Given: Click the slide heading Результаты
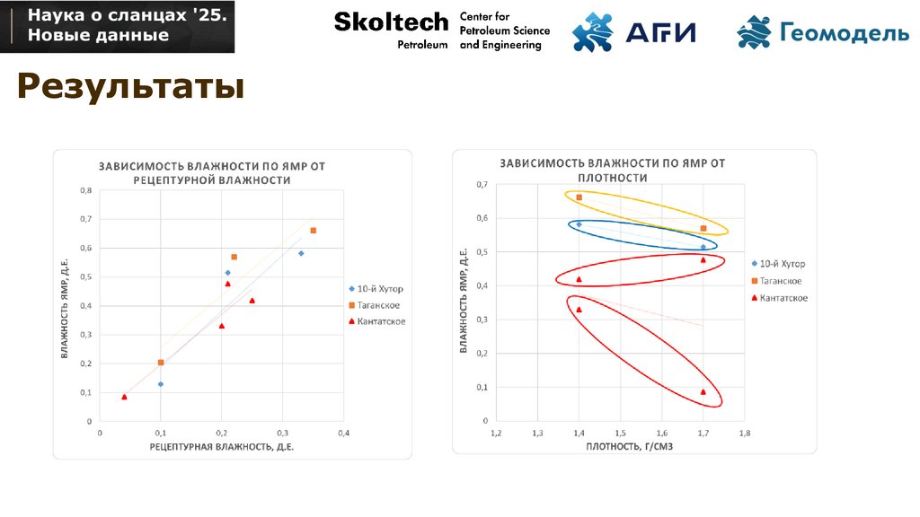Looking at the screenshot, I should (x=130, y=89).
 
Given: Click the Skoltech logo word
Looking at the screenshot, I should (x=390, y=22).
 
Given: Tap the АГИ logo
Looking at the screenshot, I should (x=634, y=31).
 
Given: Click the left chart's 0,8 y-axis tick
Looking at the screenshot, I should (x=86, y=190).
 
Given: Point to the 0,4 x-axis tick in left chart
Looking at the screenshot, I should (x=343, y=433).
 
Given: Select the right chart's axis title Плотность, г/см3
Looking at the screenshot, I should (x=623, y=446).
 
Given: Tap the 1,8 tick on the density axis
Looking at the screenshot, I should (x=744, y=433).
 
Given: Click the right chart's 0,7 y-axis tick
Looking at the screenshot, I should (x=482, y=185).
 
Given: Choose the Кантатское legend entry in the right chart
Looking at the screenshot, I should (x=783, y=297).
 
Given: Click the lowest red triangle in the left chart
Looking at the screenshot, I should (x=125, y=397).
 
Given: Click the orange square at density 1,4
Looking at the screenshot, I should (x=579, y=197).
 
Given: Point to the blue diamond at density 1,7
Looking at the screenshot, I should (x=703, y=247).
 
